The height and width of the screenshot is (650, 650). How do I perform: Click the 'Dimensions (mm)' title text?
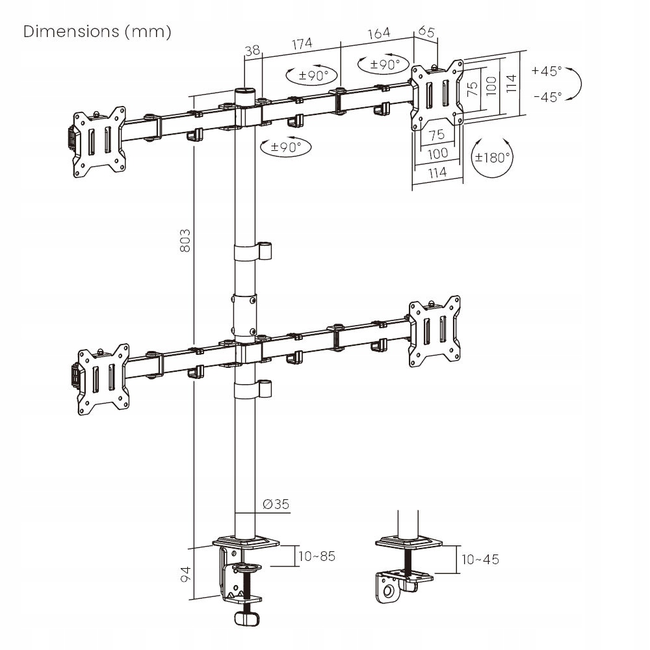[97, 32]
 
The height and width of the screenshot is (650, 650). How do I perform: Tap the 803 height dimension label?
[185, 240]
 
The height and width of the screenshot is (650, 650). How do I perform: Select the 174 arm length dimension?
[302, 44]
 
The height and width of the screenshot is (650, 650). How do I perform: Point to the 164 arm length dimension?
[378, 33]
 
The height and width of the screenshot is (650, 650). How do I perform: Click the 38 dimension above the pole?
[252, 50]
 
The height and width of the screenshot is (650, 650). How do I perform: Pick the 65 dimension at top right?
[426, 31]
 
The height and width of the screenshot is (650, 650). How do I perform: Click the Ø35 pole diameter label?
[276, 504]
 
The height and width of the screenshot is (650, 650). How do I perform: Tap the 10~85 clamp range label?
[317, 556]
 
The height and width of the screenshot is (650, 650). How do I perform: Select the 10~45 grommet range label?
[480, 560]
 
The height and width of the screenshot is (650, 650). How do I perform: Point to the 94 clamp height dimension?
[185, 574]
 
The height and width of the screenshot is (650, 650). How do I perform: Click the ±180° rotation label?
[492, 158]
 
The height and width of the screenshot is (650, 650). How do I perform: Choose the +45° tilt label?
[547, 71]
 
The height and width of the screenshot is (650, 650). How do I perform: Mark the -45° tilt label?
[547, 97]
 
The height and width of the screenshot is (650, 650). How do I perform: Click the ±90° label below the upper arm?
[285, 147]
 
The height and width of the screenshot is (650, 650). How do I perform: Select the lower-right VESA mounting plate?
[435, 331]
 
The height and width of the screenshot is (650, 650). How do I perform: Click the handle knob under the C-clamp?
[246, 619]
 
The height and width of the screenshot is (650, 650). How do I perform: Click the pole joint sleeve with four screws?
[244, 315]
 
